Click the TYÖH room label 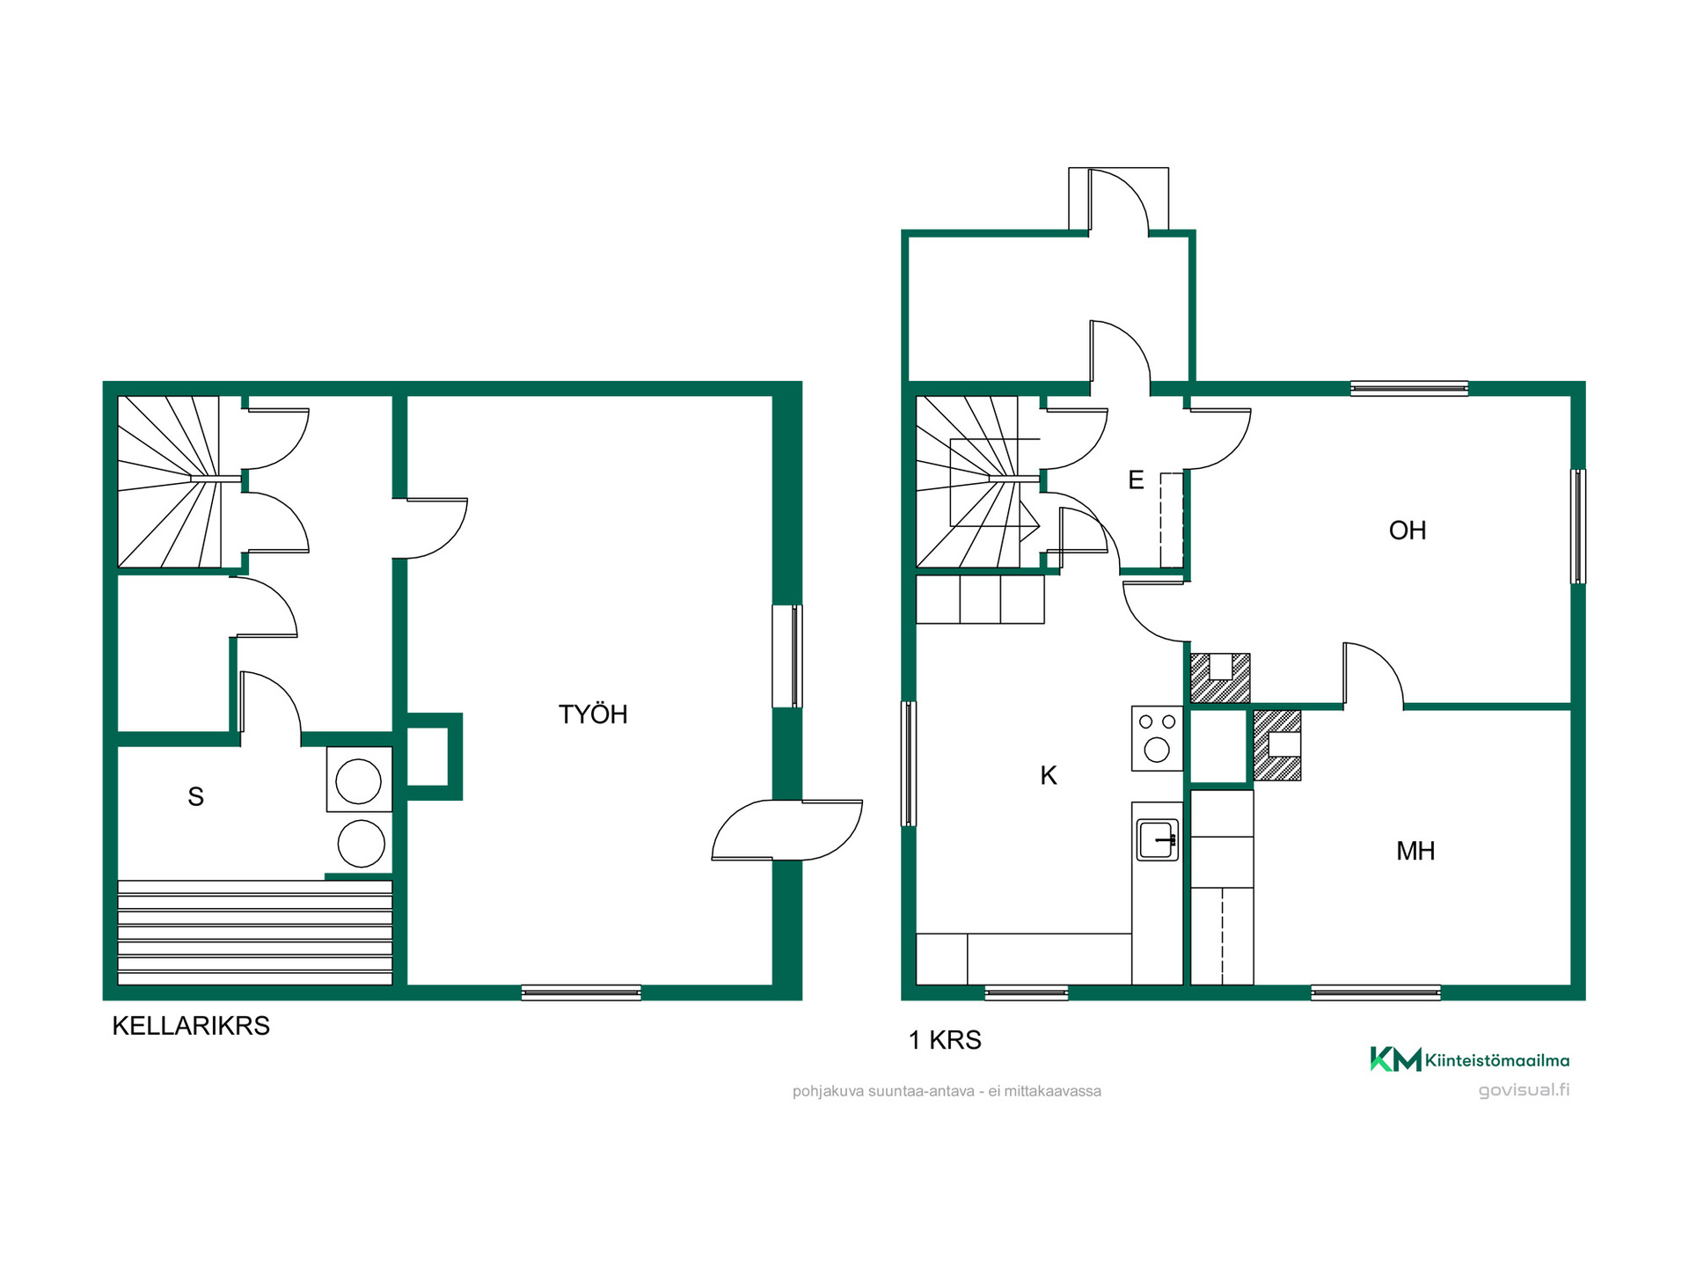click(x=593, y=714)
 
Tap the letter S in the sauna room click(x=196, y=797)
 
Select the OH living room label click(x=1407, y=531)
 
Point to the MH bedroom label click(x=1415, y=851)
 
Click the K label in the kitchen click(x=1049, y=775)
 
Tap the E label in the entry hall click(x=1136, y=480)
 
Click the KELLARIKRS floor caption click(x=191, y=1026)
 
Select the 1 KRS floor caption click(x=945, y=1040)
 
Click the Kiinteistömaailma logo click(x=1469, y=1059)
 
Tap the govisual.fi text click(x=1524, y=1090)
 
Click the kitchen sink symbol click(x=1158, y=839)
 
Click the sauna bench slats click(x=255, y=933)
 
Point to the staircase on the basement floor click(x=169, y=481)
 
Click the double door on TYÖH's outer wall click(x=787, y=830)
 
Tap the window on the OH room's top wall click(x=1409, y=388)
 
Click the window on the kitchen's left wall click(x=909, y=764)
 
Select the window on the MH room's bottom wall click(x=1376, y=993)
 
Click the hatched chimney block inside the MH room click(x=1277, y=745)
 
